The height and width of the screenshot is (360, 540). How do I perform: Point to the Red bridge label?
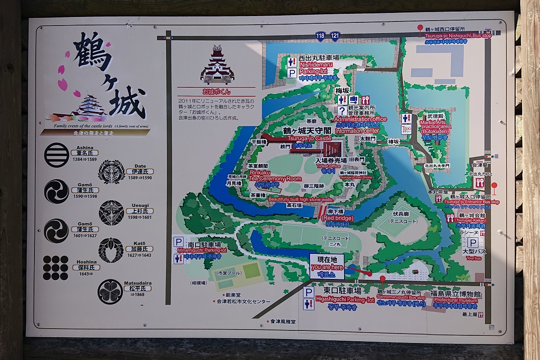(x=337, y=218)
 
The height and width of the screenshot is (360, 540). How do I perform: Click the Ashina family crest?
(x=57, y=155)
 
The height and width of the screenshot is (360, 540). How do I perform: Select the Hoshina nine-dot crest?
(x=56, y=268)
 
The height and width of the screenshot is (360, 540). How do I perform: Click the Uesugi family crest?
(x=111, y=212)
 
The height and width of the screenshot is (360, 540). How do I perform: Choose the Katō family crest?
(x=111, y=250)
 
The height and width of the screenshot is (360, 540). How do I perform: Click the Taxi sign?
(x=406, y=129)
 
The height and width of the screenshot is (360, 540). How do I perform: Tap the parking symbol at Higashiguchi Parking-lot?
(x=308, y=292)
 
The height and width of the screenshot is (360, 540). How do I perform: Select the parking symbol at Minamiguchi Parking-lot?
(x=179, y=242)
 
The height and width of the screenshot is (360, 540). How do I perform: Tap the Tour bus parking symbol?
(x=472, y=243)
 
